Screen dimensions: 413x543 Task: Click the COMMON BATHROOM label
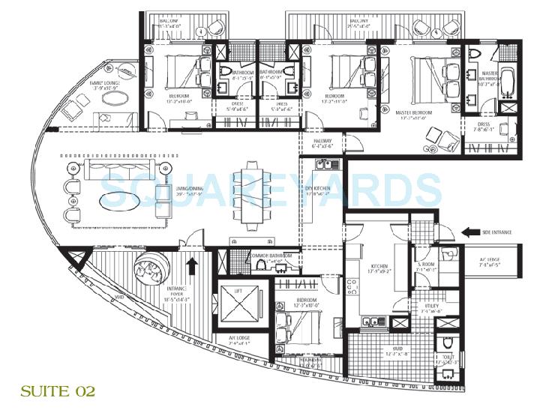(271, 256)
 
